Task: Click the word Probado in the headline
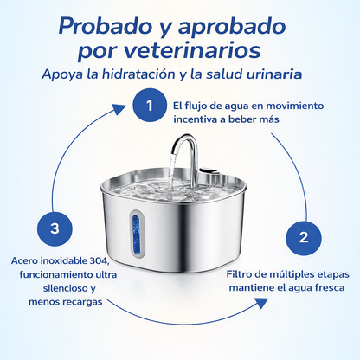click(105, 26)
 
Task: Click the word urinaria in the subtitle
click(274, 74)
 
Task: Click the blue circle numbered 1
click(150, 105)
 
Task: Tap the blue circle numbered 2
click(304, 238)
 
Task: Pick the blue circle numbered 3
click(55, 228)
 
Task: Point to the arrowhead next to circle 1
click(119, 109)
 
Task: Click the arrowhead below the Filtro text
click(260, 303)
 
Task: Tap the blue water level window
click(136, 233)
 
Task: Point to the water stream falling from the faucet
click(171, 172)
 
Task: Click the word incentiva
click(195, 119)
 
